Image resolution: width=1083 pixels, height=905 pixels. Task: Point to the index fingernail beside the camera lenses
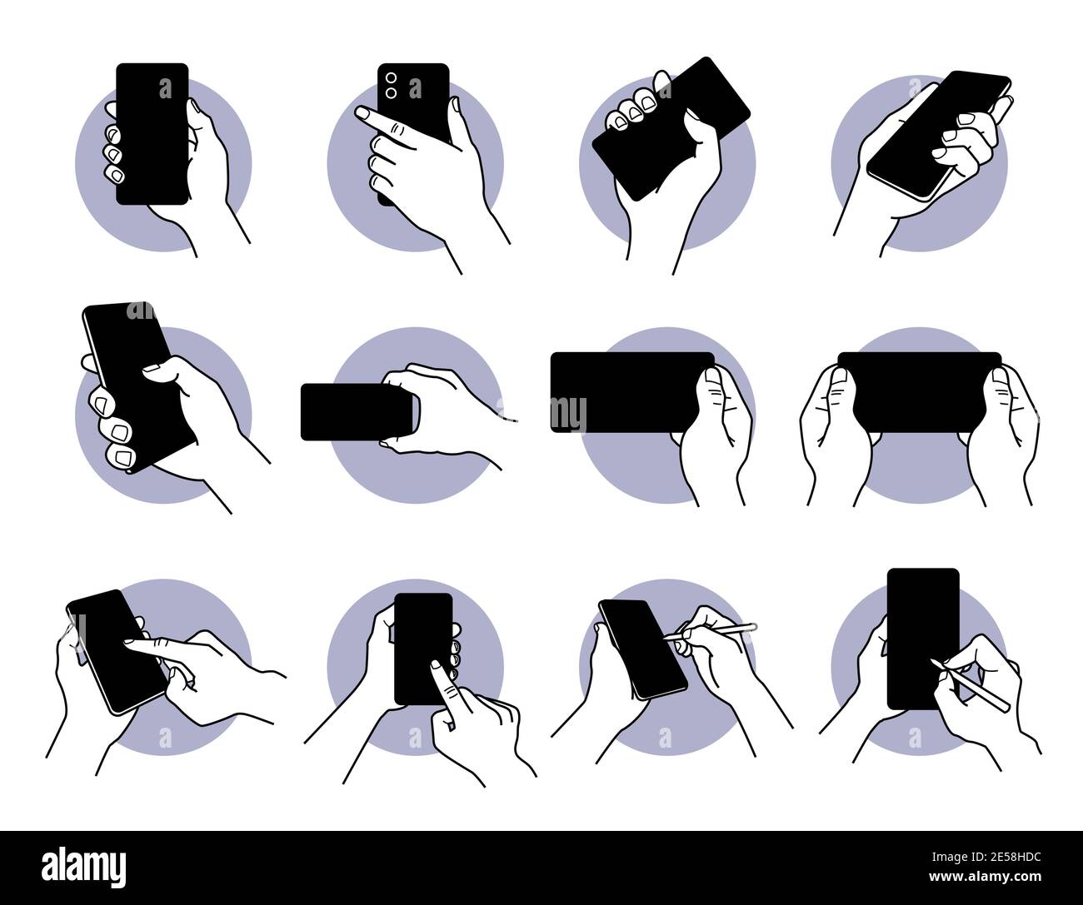click(x=362, y=112)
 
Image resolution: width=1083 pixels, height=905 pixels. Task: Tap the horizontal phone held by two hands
click(x=919, y=390)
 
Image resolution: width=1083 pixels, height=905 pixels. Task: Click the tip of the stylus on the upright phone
click(x=934, y=662)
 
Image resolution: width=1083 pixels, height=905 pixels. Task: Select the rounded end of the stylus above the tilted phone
click(x=753, y=625)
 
